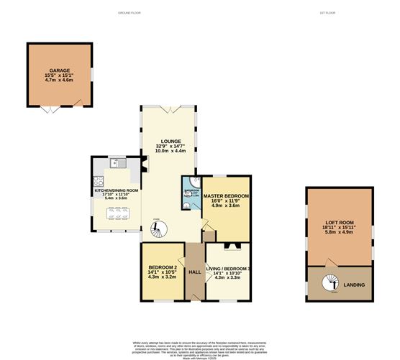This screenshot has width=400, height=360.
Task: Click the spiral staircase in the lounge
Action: coord(158,230)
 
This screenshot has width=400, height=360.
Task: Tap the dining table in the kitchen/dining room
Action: coord(115,213)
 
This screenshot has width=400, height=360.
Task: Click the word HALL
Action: coord(194,272)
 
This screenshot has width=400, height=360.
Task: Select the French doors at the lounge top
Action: coord(170,109)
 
